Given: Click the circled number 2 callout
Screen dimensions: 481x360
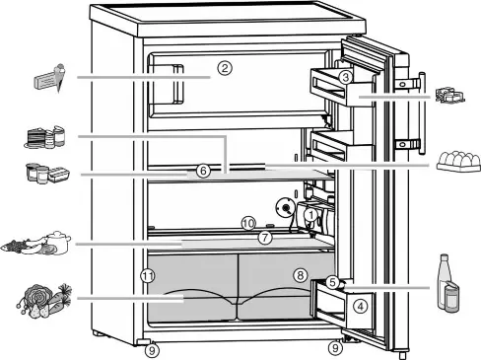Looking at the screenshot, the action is tap(225, 69).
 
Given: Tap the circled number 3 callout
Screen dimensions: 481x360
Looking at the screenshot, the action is tap(346, 77).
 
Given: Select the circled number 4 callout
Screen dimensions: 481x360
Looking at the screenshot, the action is tap(361, 306).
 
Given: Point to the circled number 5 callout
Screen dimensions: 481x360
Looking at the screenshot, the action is tap(333, 282).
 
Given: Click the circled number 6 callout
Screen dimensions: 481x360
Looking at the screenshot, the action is tap(202, 171).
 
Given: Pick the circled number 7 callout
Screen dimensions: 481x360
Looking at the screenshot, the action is tap(264, 238).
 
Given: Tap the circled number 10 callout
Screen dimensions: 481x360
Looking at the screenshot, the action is tap(248, 223).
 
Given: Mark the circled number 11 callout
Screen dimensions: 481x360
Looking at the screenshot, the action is tap(148, 275).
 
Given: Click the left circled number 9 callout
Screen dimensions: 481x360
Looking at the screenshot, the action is tap(150, 347).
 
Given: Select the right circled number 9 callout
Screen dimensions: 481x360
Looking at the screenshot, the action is tap(335, 347).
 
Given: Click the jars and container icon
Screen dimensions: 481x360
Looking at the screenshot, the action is tap(47, 173).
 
